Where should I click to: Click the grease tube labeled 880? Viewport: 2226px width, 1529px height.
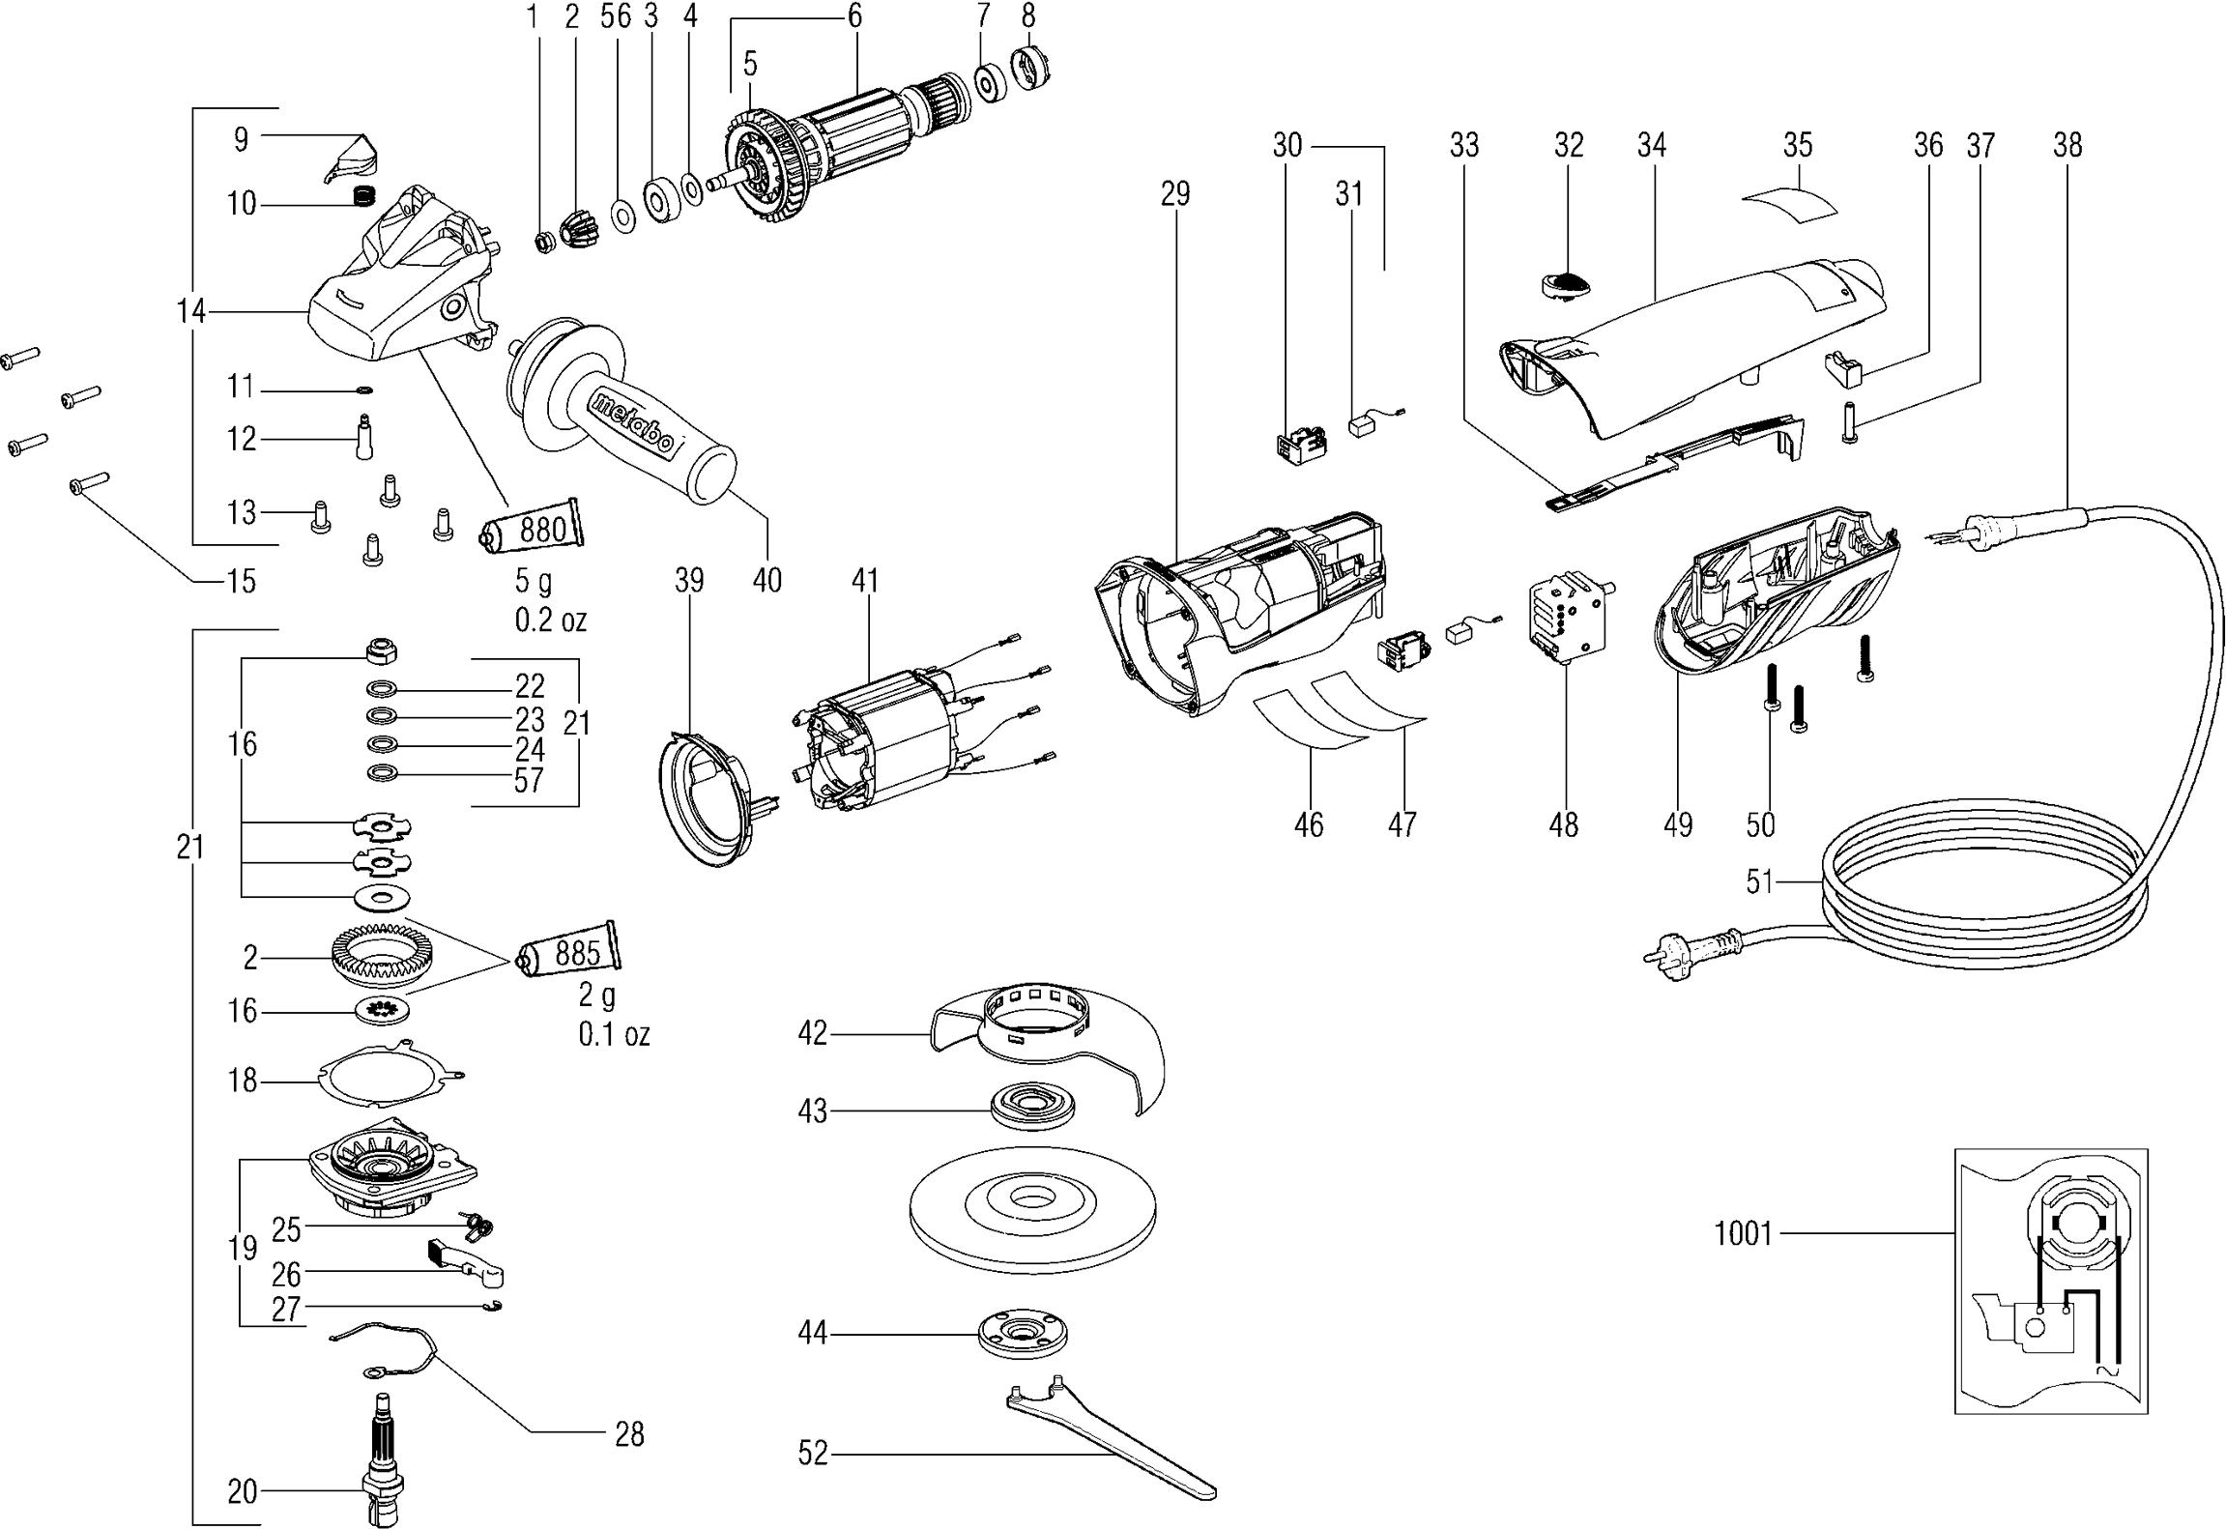point(535,528)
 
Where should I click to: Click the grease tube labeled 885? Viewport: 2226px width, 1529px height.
point(570,952)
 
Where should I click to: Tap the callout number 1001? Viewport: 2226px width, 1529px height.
point(1743,1233)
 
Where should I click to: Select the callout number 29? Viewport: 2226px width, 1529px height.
point(1174,194)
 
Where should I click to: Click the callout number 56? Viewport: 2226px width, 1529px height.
point(615,16)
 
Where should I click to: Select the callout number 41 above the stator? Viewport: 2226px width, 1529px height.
point(865,581)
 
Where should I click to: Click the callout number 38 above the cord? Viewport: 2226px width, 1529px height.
point(2067,146)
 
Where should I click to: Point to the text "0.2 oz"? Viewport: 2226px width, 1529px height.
point(550,620)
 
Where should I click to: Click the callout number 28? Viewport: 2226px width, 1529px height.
point(629,1434)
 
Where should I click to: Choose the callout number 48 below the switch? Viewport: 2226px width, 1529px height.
point(1563,824)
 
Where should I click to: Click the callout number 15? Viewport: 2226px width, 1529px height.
point(241,581)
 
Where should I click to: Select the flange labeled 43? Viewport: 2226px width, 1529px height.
point(1033,1105)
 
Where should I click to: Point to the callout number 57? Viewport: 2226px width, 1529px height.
point(529,780)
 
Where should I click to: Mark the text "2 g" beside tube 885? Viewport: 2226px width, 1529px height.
point(597,995)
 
